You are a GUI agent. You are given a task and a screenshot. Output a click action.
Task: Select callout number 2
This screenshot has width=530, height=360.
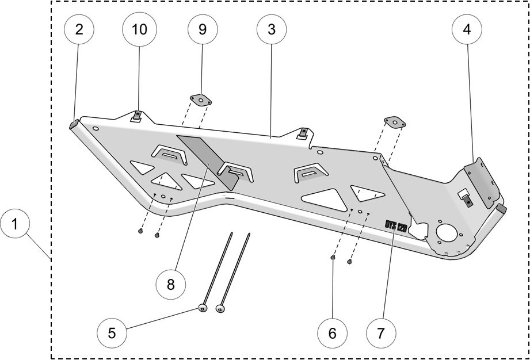79,29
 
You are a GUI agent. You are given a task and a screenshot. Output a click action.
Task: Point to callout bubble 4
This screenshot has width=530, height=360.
467,29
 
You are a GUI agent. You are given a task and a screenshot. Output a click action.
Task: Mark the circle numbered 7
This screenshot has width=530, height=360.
382,332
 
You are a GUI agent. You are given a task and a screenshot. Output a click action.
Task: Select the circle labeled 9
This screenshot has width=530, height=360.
202,29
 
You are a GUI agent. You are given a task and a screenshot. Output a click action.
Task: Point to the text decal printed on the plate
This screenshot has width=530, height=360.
396,225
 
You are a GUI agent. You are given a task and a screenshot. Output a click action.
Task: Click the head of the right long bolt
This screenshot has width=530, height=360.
219,309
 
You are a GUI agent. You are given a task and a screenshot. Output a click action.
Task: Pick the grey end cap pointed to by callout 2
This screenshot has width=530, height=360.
74,123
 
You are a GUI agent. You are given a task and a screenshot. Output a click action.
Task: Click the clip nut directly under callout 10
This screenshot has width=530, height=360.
136,116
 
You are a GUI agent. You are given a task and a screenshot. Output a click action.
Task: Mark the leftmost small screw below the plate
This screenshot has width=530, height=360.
141,231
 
